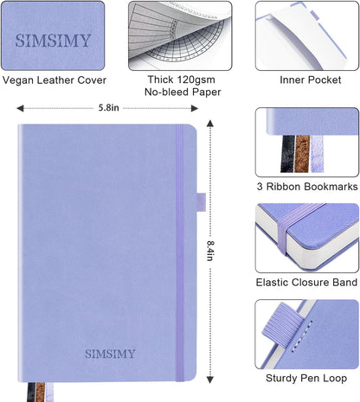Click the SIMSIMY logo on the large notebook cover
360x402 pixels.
pyautogui.click(x=110, y=354)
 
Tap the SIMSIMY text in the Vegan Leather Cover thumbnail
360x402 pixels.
pyautogui.click(x=53, y=41)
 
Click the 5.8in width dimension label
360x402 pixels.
pyautogui.click(x=108, y=108)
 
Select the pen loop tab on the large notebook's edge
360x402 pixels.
pyautogui.click(x=202, y=202)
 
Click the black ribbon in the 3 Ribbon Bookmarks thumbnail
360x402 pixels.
pyautogui.click(x=288, y=154)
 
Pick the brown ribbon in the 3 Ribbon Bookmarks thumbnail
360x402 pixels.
pyautogui.click(x=302, y=154)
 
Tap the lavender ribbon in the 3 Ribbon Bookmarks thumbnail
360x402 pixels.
pyautogui.click(x=317, y=154)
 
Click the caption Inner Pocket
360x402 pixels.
pyautogui.click(x=311, y=80)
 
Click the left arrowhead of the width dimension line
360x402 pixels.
pyautogui.click(x=20, y=108)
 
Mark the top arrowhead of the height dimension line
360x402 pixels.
pyautogui.click(x=210, y=123)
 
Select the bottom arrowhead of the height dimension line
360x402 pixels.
pyautogui.click(x=210, y=380)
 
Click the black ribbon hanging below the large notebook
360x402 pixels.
pyautogui.click(x=31, y=392)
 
